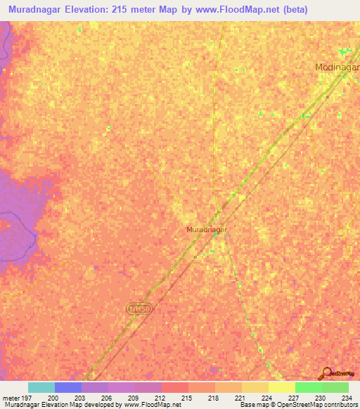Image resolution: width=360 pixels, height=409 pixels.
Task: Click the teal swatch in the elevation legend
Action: point(41,387)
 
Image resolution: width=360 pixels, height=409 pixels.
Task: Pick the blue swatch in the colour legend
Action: point(68,387)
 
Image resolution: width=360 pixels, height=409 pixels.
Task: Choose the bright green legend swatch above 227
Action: point(308,387)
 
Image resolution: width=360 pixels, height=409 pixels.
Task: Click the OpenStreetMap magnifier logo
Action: point(327,373)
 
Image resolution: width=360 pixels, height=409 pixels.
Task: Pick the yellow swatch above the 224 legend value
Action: point(255,387)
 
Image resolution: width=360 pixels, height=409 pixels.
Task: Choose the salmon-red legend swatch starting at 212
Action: point(174,387)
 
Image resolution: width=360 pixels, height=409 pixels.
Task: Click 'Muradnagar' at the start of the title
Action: point(34,11)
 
